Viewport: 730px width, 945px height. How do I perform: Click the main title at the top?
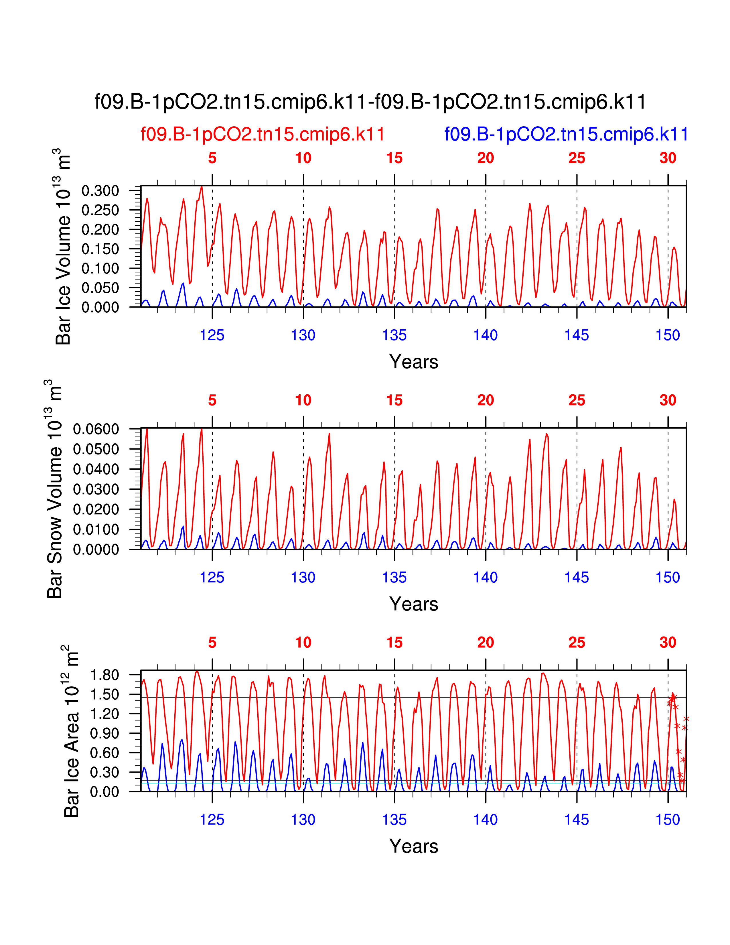tap(370, 103)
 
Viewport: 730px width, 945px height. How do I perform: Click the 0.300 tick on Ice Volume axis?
tap(100, 191)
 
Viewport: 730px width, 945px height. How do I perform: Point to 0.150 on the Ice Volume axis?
tap(100, 249)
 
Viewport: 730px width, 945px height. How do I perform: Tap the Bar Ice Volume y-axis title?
tap(63, 247)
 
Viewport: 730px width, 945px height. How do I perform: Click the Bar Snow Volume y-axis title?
tap(54, 489)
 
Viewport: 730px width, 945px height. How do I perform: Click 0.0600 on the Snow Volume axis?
tap(96, 430)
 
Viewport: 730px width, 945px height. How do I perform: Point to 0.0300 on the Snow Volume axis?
tap(96, 489)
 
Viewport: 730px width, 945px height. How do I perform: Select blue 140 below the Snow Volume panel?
tap(485, 577)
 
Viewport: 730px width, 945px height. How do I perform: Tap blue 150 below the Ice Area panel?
tap(668, 820)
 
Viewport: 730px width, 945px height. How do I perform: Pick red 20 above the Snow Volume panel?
tap(485, 401)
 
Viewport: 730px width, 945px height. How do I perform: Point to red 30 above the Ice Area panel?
tap(668, 643)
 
